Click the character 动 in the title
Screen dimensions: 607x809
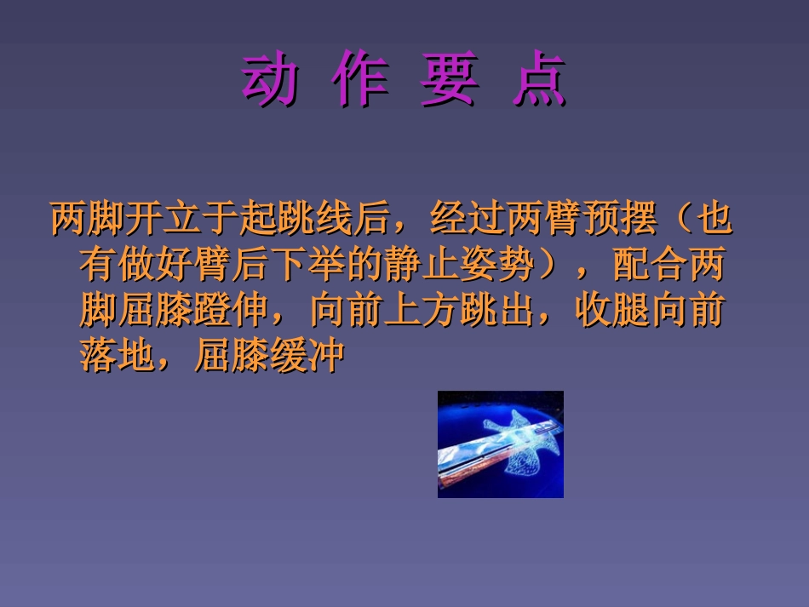(270, 82)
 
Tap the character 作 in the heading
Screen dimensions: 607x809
(361, 82)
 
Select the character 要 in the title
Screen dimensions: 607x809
(450, 82)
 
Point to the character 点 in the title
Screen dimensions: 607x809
(539, 82)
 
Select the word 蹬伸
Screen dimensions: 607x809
(232, 312)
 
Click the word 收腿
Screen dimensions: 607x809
(611, 312)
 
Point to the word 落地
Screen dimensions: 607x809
(118, 358)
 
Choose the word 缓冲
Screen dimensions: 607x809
(307, 358)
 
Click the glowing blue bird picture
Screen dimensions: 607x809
(501, 444)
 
